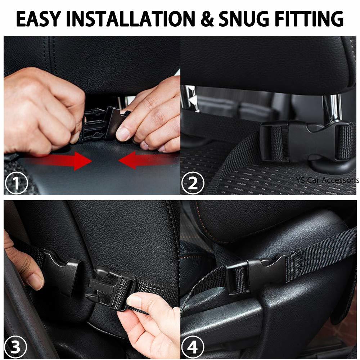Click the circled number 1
point(16,183)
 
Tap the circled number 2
point(193,183)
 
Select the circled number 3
point(16,348)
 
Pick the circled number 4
point(193,348)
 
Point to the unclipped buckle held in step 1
point(104,124)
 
